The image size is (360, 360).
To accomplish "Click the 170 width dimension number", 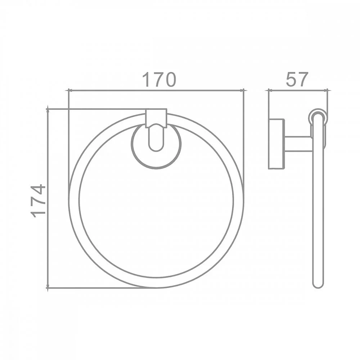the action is coord(159,80).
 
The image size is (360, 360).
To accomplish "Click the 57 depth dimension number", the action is coord(297,79).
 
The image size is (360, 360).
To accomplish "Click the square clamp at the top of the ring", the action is coord(156,118).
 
